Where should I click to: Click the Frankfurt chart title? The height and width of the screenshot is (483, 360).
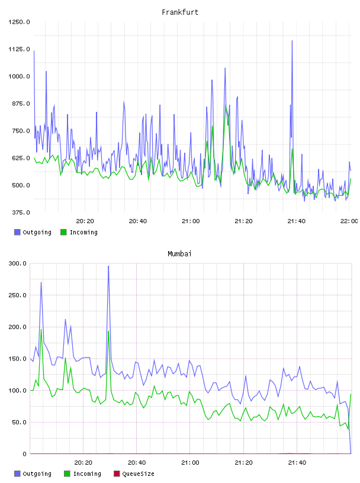(180, 12)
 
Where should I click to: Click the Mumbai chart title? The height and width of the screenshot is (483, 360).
(179, 254)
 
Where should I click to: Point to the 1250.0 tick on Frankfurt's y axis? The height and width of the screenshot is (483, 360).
(19, 22)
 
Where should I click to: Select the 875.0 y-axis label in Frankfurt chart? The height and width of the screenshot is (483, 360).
(19, 104)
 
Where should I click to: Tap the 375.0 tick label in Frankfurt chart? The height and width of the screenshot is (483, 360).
(21, 212)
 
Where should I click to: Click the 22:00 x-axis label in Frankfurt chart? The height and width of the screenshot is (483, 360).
(349, 221)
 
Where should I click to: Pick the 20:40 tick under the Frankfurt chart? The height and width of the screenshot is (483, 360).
(138, 221)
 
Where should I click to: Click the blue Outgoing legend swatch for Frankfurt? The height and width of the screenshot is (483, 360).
(17, 232)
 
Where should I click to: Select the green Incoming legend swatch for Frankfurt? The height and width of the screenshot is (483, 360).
(63, 232)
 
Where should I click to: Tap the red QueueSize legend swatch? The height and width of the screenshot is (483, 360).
(117, 474)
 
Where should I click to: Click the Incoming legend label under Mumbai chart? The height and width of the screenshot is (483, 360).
(87, 474)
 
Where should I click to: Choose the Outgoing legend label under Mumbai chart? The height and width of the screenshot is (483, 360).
(37, 474)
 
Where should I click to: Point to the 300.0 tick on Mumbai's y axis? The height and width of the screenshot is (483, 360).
(18, 263)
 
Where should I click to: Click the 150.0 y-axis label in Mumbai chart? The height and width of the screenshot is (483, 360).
(18, 359)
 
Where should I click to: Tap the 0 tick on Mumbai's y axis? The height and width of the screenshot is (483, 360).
(25, 454)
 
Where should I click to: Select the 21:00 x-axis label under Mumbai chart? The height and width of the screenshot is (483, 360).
(190, 463)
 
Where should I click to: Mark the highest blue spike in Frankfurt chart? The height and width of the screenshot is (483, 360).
(292, 41)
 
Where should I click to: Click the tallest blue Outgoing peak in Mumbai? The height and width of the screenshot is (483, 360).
(108, 266)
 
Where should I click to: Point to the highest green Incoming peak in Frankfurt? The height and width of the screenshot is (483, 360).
(226, 106)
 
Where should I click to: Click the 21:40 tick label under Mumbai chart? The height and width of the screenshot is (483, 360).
(297, 463)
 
